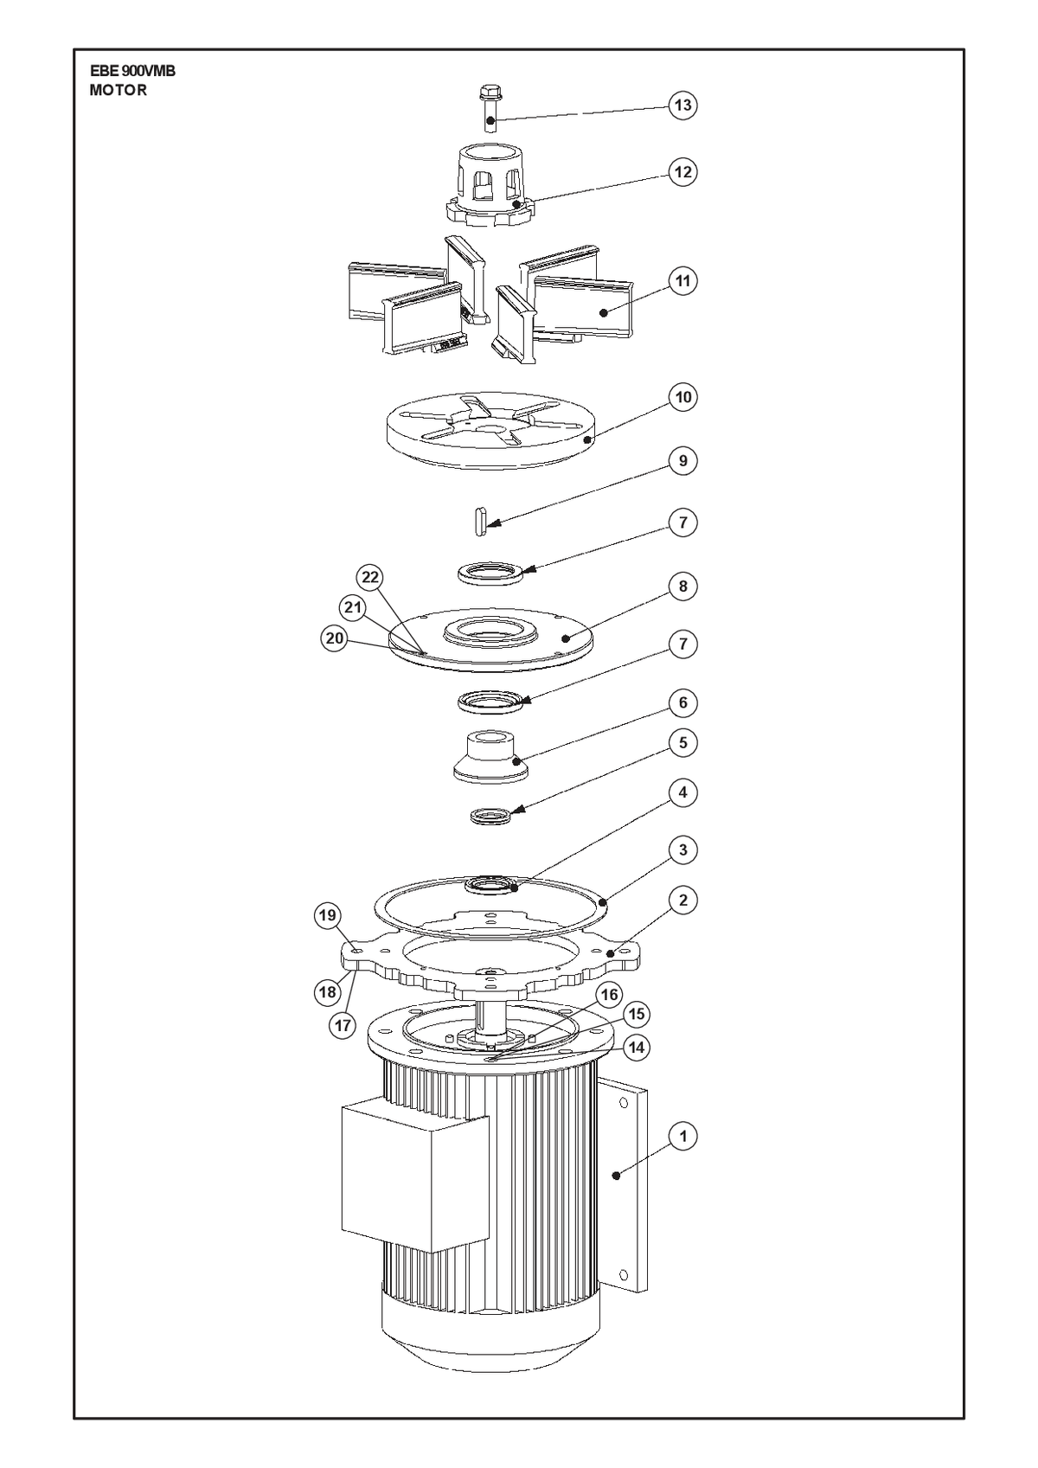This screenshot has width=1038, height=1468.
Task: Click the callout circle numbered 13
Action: coord(682,105)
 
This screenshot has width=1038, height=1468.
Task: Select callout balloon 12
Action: coord(682,171)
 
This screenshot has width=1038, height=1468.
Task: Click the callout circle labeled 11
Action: coord(682,281)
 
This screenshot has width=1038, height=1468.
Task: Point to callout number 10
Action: coord(682,397)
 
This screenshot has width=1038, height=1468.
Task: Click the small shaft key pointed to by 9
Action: coord(481,521)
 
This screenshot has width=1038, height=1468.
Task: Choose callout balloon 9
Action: coord(682,461)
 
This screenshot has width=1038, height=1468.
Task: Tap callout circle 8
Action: coord(682,586)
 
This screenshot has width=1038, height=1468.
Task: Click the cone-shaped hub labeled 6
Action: coord(490,757)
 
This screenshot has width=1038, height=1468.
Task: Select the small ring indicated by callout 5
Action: coord(491,817)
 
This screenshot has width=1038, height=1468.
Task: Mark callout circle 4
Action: coord(682,792)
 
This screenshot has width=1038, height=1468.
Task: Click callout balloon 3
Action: coord(682,850)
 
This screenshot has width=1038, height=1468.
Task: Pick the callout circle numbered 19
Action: coord(328,915)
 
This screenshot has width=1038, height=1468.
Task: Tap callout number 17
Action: coord(343,1024)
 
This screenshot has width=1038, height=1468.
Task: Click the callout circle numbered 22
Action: coord(370,577)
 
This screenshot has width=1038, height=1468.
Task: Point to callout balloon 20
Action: coord(335,638)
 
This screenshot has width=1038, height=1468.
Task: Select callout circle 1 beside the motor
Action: coord(682,1136)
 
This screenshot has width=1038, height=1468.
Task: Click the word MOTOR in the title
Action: coord(118,91)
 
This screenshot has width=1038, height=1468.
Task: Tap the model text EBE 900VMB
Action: coord(132,72)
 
